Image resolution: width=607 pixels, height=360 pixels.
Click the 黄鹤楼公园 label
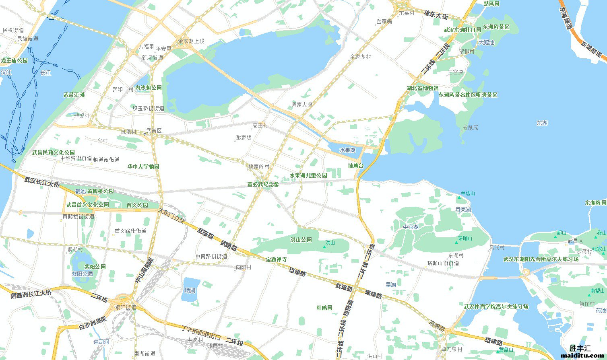pyautogui.click(x=100, y=191)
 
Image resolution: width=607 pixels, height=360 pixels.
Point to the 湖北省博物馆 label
pyautogui.click(x=422, y=88)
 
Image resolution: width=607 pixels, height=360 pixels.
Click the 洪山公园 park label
pyautogui.click(x=301, y=240)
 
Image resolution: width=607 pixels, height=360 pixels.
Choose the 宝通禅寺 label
pyautogui.click(x=276, y=259)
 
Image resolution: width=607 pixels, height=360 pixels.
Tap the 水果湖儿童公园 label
pyautogui.click(x=308, y=175)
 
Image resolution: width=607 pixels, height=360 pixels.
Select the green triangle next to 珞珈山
pyautogui.click(x=455, y=239)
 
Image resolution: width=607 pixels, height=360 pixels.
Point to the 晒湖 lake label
pyautogui.click(x=190, y=290)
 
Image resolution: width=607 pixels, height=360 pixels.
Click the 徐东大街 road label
pyautogui.click(x=436, y=15)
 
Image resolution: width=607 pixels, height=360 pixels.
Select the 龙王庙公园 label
pyautogui.click(x=14, y=60)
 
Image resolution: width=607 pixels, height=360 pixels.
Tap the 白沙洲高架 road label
pyautogui.click(x=92, y=323)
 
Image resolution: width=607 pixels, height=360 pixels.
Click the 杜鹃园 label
pyautogui.click(x=324, y=308)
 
